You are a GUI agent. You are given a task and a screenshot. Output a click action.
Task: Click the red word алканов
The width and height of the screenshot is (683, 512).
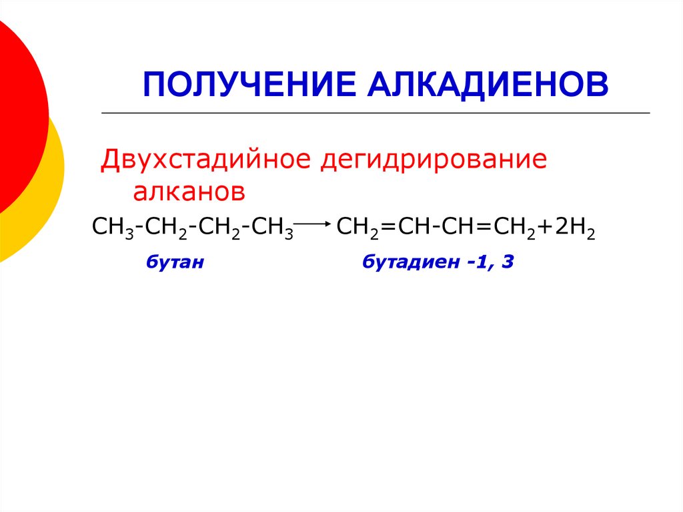189,192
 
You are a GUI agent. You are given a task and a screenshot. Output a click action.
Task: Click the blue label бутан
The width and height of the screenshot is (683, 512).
174,263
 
